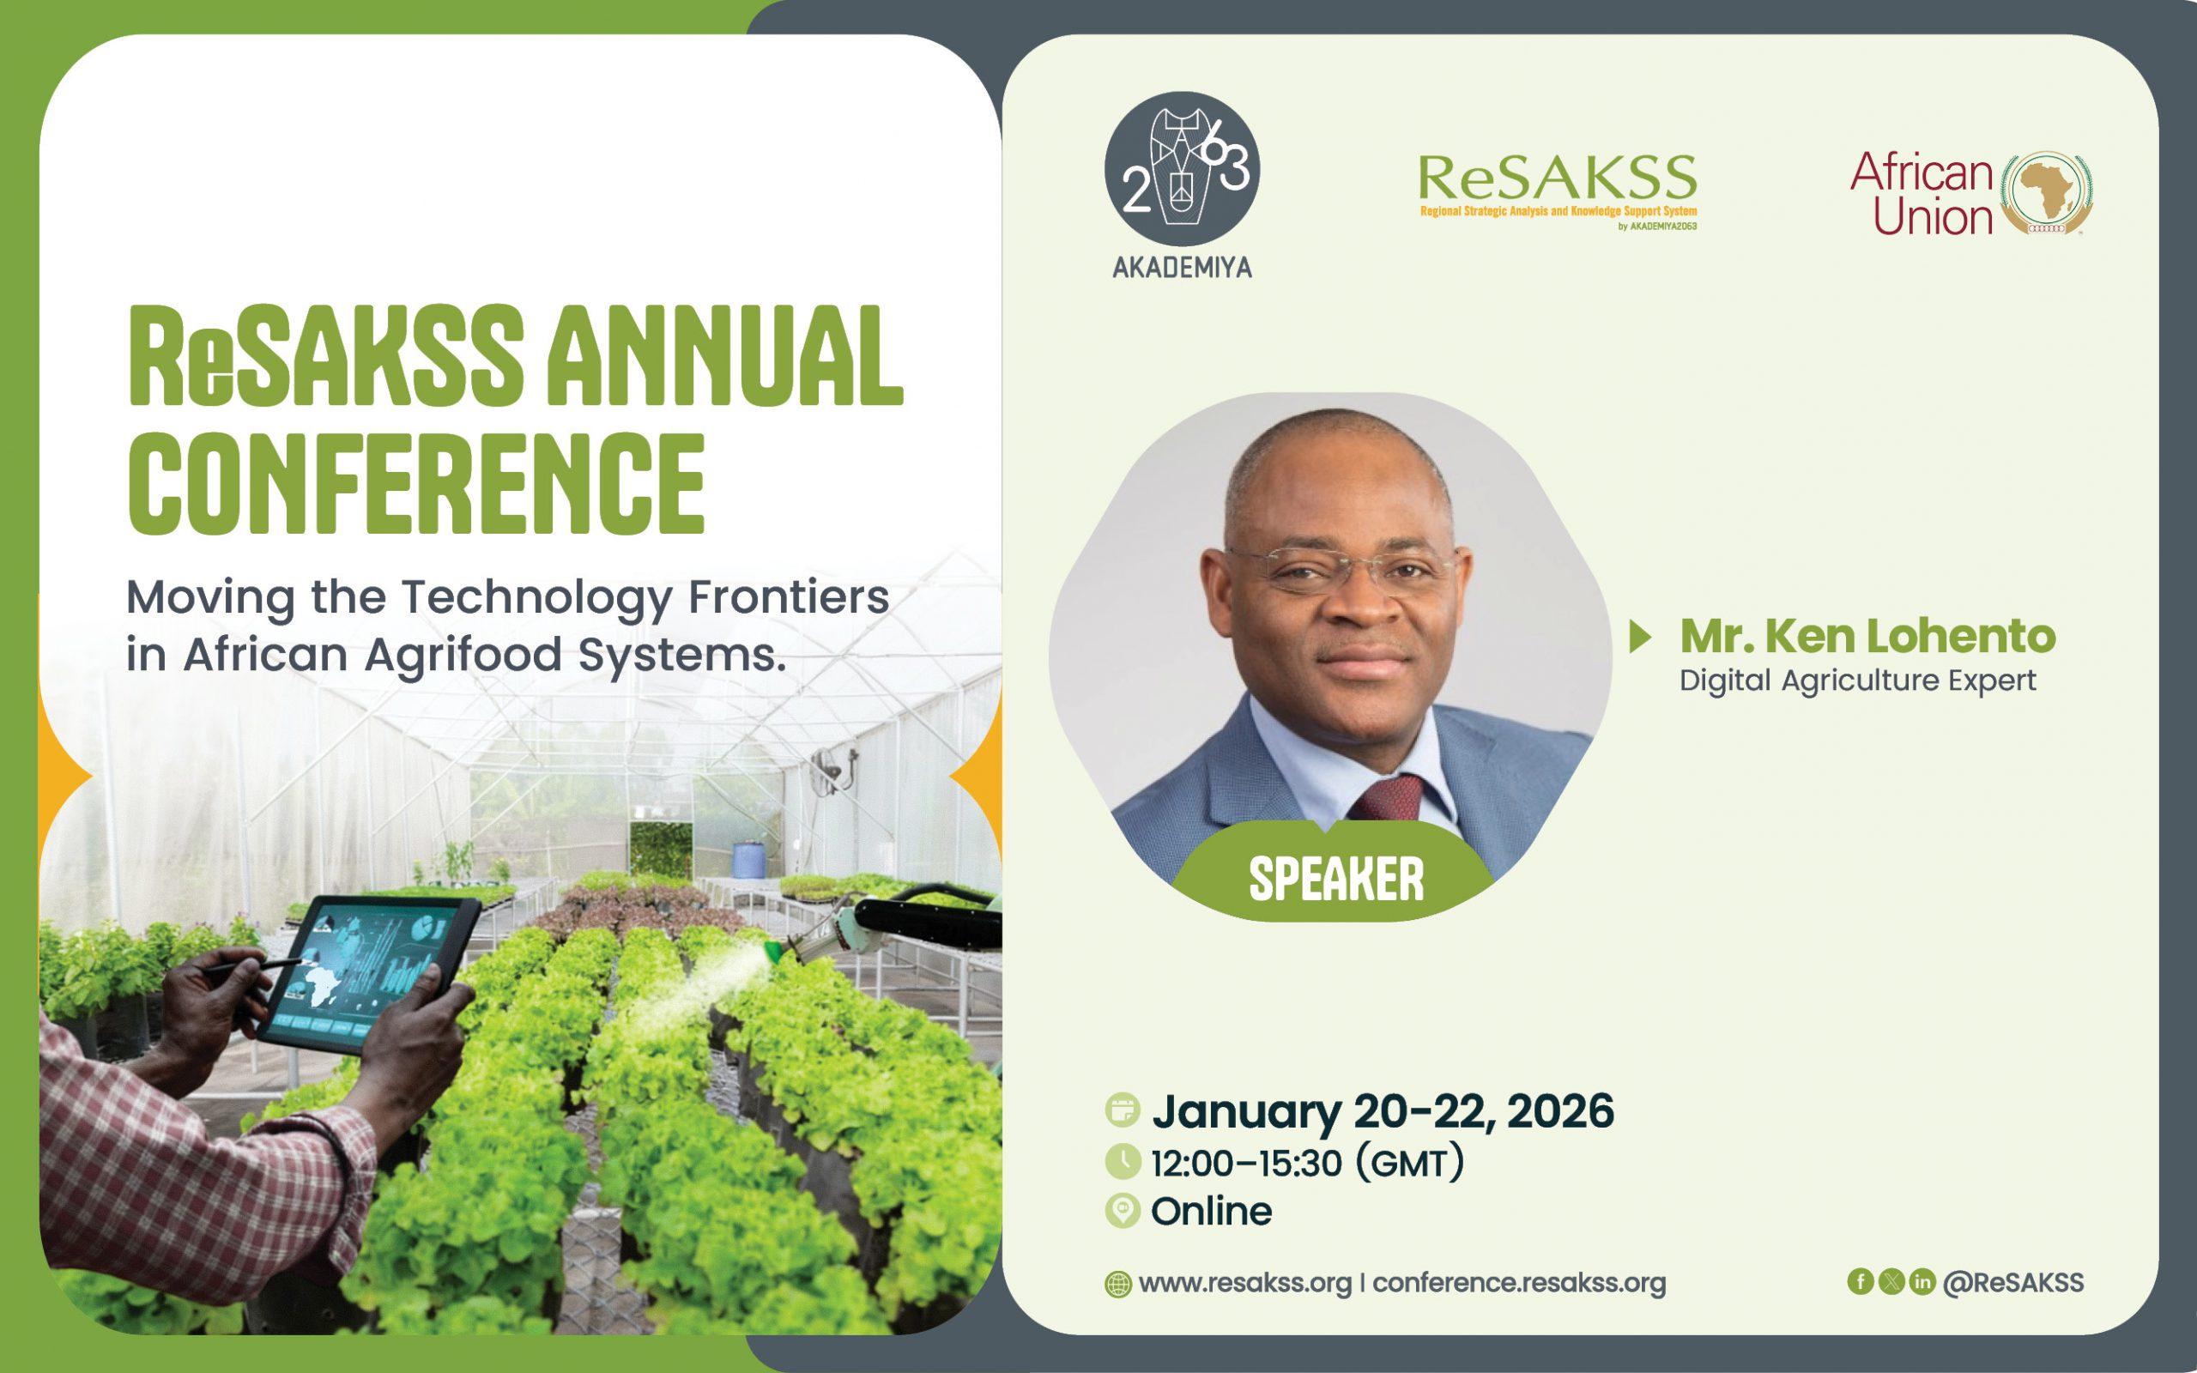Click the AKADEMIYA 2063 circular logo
(x=1182, y=170)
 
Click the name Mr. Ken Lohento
(x=1867, y=637)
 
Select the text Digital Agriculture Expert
(x=1857, y=681)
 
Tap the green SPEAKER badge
(x=1335, y=876)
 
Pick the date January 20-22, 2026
(x=1383, y=1112)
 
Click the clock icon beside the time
(x=1123, y=1161)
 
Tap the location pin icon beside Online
(x=1123, y=1212)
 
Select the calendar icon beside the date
(x=1123, y=1110)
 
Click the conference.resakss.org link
(x=1519, y=1283)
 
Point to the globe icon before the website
(x=1117, y=1285)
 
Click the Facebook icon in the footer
(x=1861, y=1281)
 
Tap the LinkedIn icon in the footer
(x=1922, y=1281)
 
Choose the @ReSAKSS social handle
(x=2012, y=1282)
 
